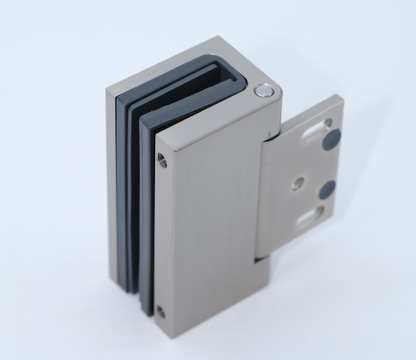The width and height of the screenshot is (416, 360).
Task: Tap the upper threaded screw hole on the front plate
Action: pos(161,159)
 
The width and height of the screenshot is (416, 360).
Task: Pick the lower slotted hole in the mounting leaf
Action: pos(310,216)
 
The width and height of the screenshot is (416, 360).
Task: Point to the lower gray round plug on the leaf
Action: pos(327,189)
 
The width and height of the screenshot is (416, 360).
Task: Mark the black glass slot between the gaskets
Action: pos(135,206)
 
